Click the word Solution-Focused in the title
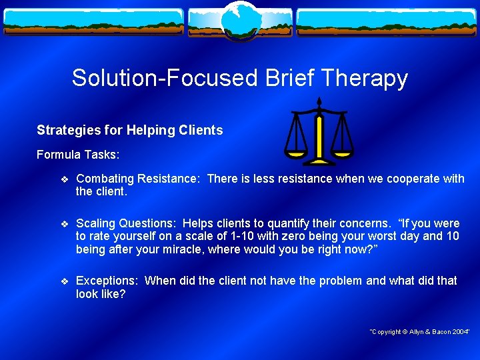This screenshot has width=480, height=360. pyautogui.click(x=165, y=78)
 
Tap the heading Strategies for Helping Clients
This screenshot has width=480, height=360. pyautogui.click(x=130, y=130)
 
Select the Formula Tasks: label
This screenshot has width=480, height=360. pyautogui.click(x=78, y=155)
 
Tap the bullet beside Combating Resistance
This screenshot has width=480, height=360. pyautogui.click(x=63, y=179)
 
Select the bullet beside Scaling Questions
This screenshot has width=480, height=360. pyautogui.click(x=63, y=223)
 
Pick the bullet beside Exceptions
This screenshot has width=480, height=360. pyautogui.click(x=63, y=281)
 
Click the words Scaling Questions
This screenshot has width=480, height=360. pyautogui.click(x=126, y=223)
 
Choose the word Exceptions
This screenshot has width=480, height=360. pyautogui.click(x=107, y=281)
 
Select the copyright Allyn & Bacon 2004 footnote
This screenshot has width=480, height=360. pyautogui.click(x=420, y=331)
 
